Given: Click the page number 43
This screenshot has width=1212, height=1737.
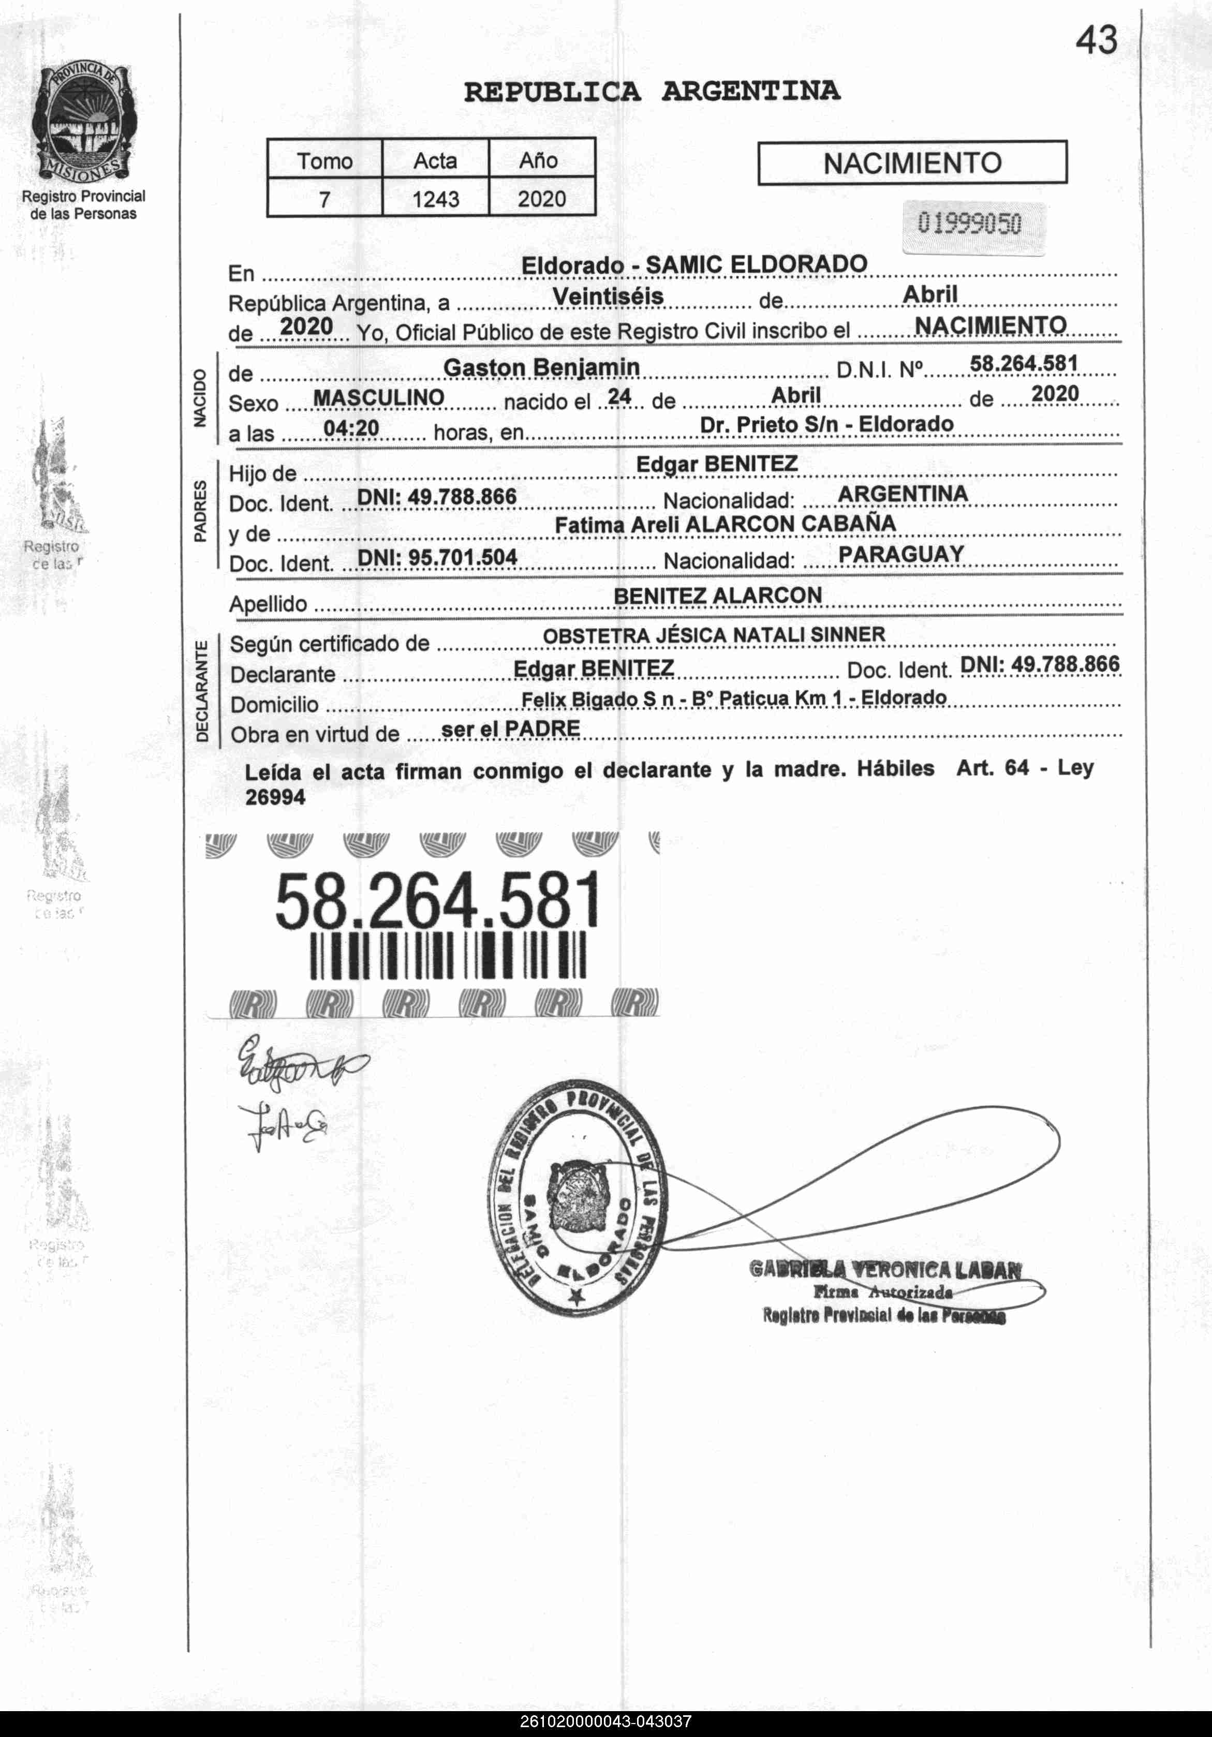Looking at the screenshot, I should click(1096, 40).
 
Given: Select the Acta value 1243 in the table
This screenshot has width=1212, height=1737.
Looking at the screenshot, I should click(436, 199).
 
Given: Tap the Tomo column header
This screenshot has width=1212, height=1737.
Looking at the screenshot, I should click(324, 161).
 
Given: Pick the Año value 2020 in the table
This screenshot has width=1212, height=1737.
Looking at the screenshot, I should click(542, 199).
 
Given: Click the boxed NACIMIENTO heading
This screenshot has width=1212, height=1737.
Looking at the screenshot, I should click(912, 162).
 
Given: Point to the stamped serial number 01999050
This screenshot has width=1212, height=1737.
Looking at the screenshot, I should click(969, 224).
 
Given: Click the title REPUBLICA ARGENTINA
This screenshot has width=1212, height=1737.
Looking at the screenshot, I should click(652, 92).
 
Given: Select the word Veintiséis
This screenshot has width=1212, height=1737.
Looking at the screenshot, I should click(608, 296).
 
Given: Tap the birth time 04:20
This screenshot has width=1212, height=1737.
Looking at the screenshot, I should click(351, 428).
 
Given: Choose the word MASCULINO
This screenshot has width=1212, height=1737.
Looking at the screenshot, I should click(378, 398).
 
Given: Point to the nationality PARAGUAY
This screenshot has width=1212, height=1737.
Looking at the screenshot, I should click(901, 554).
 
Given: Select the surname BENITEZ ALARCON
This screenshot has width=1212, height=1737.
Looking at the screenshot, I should click(717, 596).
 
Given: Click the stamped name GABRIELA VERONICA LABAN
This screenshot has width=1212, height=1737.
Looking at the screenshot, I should click(884, 1269).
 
